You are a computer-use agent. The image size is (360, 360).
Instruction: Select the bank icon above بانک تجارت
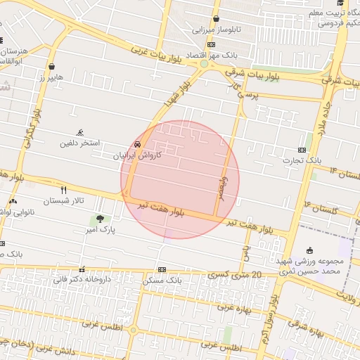[x=302, y=150]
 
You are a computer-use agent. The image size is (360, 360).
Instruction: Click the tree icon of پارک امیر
[x=100, y=219]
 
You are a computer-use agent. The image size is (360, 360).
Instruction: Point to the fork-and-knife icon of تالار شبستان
[x=64, y=190]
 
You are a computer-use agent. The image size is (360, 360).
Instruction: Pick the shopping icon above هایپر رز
[x=52, y=67]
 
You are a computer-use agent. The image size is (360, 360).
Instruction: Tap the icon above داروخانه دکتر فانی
[x=82, y=269]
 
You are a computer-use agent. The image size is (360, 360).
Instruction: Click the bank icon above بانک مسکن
[x=162, y=269]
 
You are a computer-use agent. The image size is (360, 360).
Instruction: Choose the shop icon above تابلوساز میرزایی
[x=216, y=19]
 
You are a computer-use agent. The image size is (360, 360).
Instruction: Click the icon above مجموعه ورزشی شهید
[x=310, y=250]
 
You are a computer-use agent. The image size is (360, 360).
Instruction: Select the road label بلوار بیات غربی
[x=161, y=60]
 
